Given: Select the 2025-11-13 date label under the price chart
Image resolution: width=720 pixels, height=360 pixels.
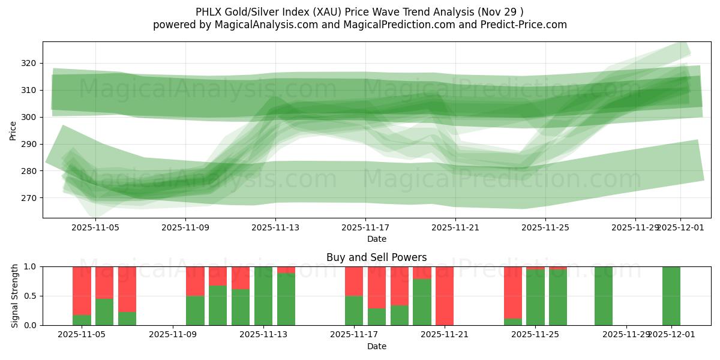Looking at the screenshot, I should click(275, 228).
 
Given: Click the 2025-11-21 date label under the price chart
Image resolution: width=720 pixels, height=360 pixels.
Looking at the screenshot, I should click(455, 228).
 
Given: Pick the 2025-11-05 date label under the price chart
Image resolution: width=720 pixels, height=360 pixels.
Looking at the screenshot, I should click(95, 228).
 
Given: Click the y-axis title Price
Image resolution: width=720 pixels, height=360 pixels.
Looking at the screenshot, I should click(13, 130).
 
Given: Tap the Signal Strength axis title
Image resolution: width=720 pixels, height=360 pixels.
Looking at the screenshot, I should click(15, 296).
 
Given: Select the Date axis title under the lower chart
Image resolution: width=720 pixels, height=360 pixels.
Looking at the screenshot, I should click(377, 346).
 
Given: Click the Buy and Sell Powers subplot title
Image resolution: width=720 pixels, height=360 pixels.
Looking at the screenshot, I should click(377, 257).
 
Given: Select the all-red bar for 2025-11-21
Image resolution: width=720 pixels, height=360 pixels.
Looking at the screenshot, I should click(445, 296).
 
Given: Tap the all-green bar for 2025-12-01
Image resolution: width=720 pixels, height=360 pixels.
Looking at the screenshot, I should click(671, 296).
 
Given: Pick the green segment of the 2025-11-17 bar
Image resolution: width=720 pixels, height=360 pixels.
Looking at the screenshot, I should click(354, 310).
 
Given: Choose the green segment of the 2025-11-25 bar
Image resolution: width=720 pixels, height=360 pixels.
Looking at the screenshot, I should click(535, 297).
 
